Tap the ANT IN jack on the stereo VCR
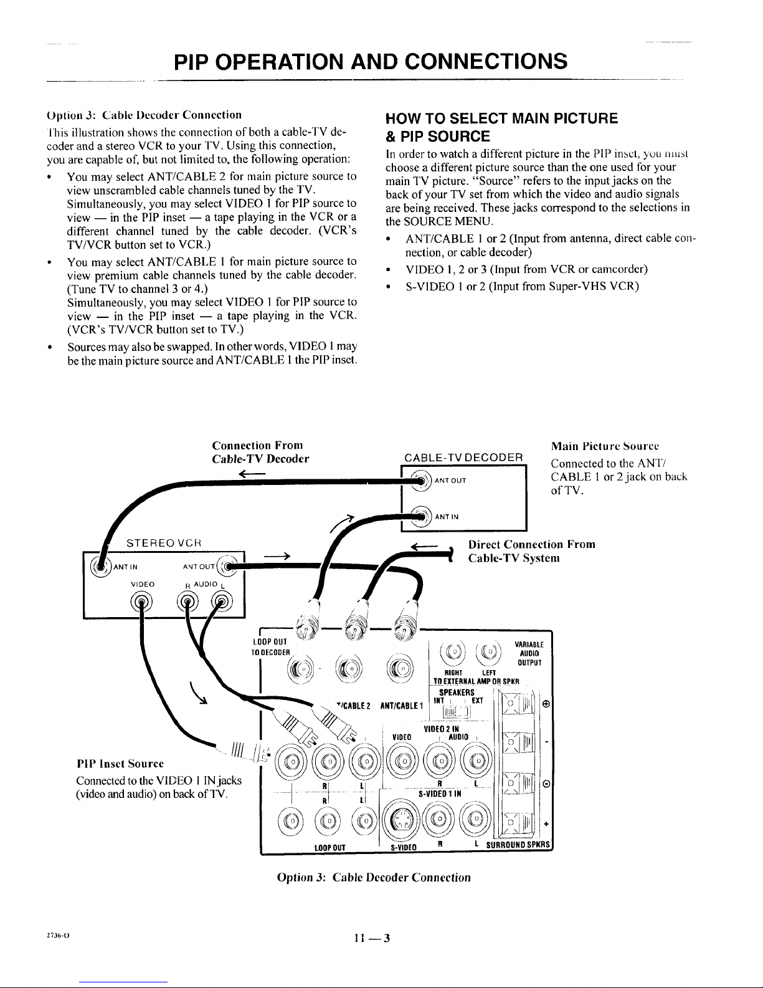(100, 565)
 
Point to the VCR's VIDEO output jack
(141, 602)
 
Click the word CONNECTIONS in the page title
(478, 61)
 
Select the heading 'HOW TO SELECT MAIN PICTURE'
(501, 118)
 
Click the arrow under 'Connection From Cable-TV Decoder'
(255, 474)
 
